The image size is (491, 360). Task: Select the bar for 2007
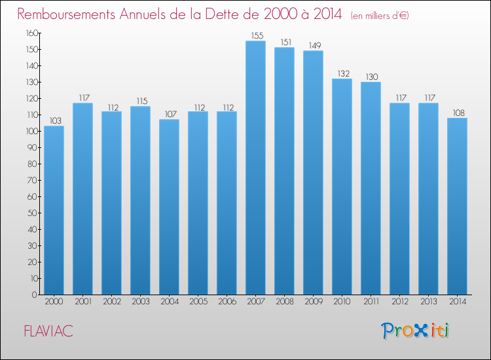(x=255, y=168)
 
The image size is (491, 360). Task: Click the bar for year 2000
(x=54, y=210)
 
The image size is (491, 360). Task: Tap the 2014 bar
(x=457, y=206)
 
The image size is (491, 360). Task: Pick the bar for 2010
(x=342, y=187)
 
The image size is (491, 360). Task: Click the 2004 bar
(x=169, y=207)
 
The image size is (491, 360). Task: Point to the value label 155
(x=257, y=36)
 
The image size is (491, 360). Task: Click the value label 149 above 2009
(x=315, y=45)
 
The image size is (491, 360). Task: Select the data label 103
(x=56, y=121)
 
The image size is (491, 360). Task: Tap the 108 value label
(x=459, y=113)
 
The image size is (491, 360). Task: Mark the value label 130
(x=372, y=77)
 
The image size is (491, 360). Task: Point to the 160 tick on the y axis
(x=32, y=33)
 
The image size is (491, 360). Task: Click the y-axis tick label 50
(x=33, y=213)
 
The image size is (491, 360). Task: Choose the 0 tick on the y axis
(x=35, y=295)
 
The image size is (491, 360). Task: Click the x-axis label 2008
(x=285, y=302)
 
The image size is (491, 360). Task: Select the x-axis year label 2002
(x=112, y=302)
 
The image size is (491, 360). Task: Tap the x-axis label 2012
(x=400, y=302)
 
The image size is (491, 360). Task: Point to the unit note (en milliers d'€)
(x=380, y=16)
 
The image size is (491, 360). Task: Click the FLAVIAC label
(x=48, y=331)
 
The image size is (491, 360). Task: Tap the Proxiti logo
(x=415, y=331)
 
